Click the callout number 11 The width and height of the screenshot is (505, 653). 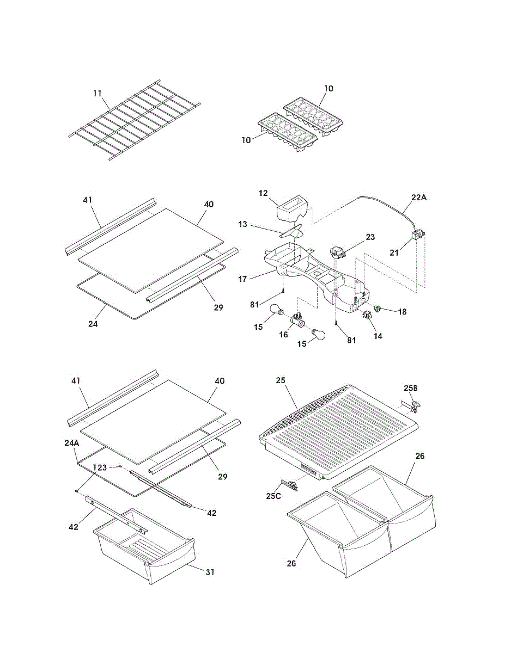pos(98,94)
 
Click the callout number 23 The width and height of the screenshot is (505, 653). pos(370,237)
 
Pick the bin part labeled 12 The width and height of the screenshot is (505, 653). pos(292,210)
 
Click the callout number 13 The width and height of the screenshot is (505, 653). pos(242,224)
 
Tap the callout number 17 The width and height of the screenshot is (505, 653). pos(242,279)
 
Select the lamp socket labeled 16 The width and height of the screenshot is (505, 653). pos(297,321)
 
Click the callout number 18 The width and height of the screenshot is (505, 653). pos(402,312)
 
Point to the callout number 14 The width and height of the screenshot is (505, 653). pos(378,336)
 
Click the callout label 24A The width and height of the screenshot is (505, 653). pos(72,442)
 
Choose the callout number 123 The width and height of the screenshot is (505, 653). pos(99,467)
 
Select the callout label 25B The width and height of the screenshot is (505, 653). pos(411,387)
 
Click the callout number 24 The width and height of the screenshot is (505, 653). pos(93,324)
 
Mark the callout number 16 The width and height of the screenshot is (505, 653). pos(284,335)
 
